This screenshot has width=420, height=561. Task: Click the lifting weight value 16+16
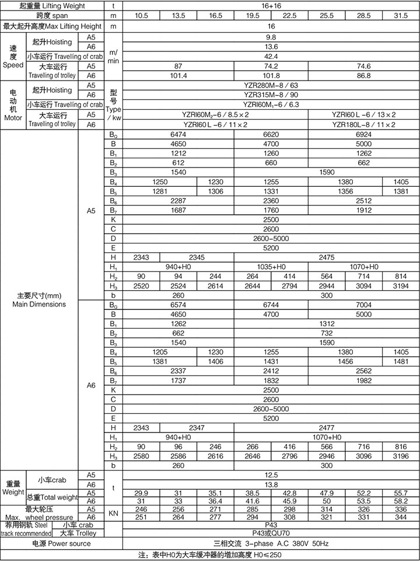coord(270,5)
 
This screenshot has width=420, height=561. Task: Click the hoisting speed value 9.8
coord(270,36)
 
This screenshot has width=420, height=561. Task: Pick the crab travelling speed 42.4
coord(270,56)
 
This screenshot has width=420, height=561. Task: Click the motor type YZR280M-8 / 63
coord(270,85)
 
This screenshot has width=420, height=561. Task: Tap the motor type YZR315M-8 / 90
coord(270,95)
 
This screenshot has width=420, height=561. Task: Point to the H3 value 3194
coord(401,285)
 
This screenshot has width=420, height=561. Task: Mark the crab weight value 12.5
coord(270,475)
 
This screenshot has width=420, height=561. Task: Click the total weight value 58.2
coord(401,501)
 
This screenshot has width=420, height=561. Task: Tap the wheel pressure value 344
coord(401,517)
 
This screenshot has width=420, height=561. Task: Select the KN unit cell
coord(114,513)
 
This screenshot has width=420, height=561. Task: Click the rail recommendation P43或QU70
coord(270,533)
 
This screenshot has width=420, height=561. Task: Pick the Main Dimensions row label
coord(40,299)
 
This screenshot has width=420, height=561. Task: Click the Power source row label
coord(61,543)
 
